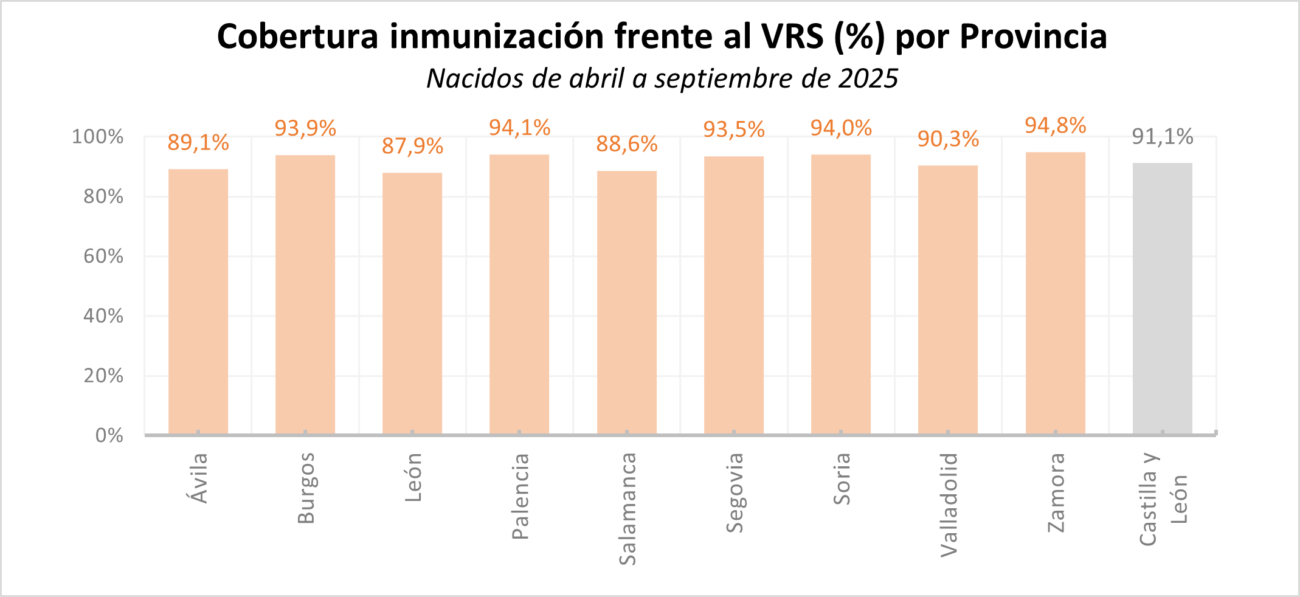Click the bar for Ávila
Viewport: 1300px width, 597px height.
pyautogui.click(x=198, y=302)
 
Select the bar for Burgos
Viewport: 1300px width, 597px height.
pyautogui.click(x=305, y=295)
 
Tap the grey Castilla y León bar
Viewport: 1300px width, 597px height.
pyautogui.click(x=1162, y=298)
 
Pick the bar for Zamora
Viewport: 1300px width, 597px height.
pyautogui.click(x=1055, y=293)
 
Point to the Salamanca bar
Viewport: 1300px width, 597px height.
pyautogui.click(x=626, y=303)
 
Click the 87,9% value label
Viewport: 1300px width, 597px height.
pyautogui.click(x=412, y=147)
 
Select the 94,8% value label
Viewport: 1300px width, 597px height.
pyautogui.click(x=1055, y=126)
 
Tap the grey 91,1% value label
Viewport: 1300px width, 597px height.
pyautogui.click(x=1162, y=137)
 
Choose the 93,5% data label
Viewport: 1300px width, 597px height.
pyautogui.click(x=734, y=129)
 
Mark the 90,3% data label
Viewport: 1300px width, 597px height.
pyautogui.click(x=948, y=139)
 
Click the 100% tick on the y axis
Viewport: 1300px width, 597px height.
pyautogui.click(x=97, y=137)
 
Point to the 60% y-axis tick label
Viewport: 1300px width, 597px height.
pyautogui.click(x=103, y=256)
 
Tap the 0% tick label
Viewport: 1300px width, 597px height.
pyautogui.click(x=109, y=435)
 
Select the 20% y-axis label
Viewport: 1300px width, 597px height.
pyautogui.click(x=103, y=376)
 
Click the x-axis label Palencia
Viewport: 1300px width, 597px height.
pyautogui.click(x=520, y=496)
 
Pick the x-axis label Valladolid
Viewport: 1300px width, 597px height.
pyautogui.click(x=949, y=505)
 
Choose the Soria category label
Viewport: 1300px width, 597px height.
pyautogui.click(x=842, y=479)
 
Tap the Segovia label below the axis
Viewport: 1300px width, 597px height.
pyautogui.click(x=735, y=492)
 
